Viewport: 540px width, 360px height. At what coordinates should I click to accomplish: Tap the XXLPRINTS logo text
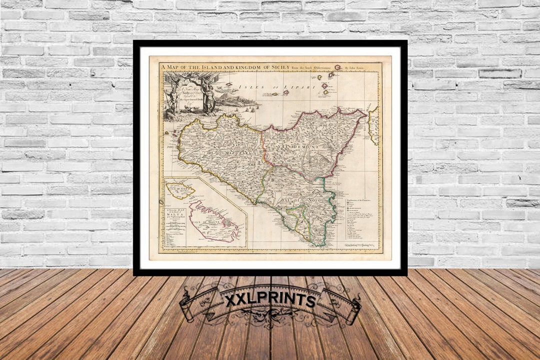coord(270,300)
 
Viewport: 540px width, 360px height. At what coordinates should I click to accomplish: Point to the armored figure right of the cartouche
coord(210,98)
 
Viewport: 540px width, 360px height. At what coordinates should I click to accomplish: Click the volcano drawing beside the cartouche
coord(231,95)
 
